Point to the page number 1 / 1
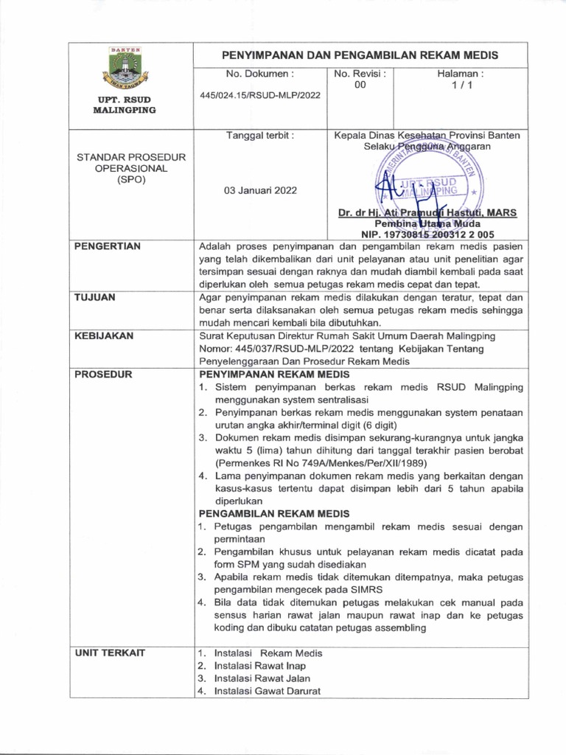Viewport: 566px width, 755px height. pyautogui.click(x=460, y=86)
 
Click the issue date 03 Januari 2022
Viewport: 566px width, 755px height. pyautogui.click(x=260, y=190)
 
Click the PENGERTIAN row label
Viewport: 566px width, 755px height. pyautogui.click(x=108, y=246)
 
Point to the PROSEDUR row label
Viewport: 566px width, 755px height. pyautogui.click(x=103, y=375)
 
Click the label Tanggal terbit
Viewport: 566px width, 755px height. pyautogui.click(x=260, y=136)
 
